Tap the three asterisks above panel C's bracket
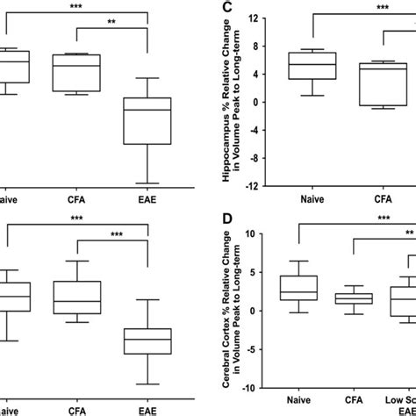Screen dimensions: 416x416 pos(384,7)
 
